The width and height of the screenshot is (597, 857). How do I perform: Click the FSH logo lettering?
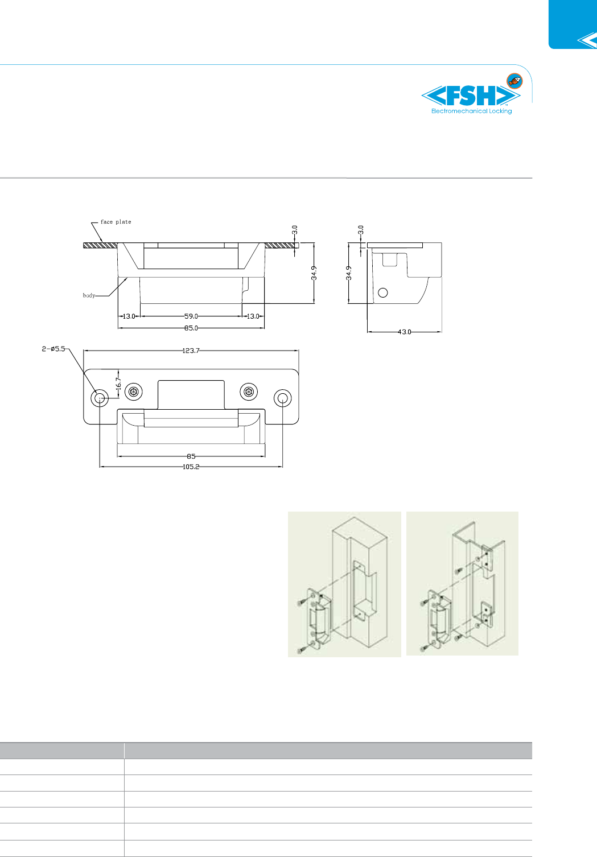pyautogui.click(x=471, y=96)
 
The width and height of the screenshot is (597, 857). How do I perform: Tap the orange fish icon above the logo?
pyautogui.click(x=514, y=81)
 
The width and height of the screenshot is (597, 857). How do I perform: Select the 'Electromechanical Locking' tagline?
pyautogui.click(x=471, y=112)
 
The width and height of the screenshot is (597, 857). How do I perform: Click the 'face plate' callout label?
pyautogui.click(x=116, y=222)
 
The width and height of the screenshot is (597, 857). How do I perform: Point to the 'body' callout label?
pyautogui.click(x=89, y=295)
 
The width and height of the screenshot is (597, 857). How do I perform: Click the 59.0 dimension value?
pyautogui.click(x=191, y=316)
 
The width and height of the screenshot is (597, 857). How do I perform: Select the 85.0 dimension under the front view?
pyautogui.click(x=191, y=328)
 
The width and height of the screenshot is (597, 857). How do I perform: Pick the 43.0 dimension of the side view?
pyautogui.click(x=405, y=332)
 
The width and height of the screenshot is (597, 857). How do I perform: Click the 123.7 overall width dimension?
pyautogui.click(x=191, y=351)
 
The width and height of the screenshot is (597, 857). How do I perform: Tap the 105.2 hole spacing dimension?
pyautogui.click(x=191, y=467)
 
